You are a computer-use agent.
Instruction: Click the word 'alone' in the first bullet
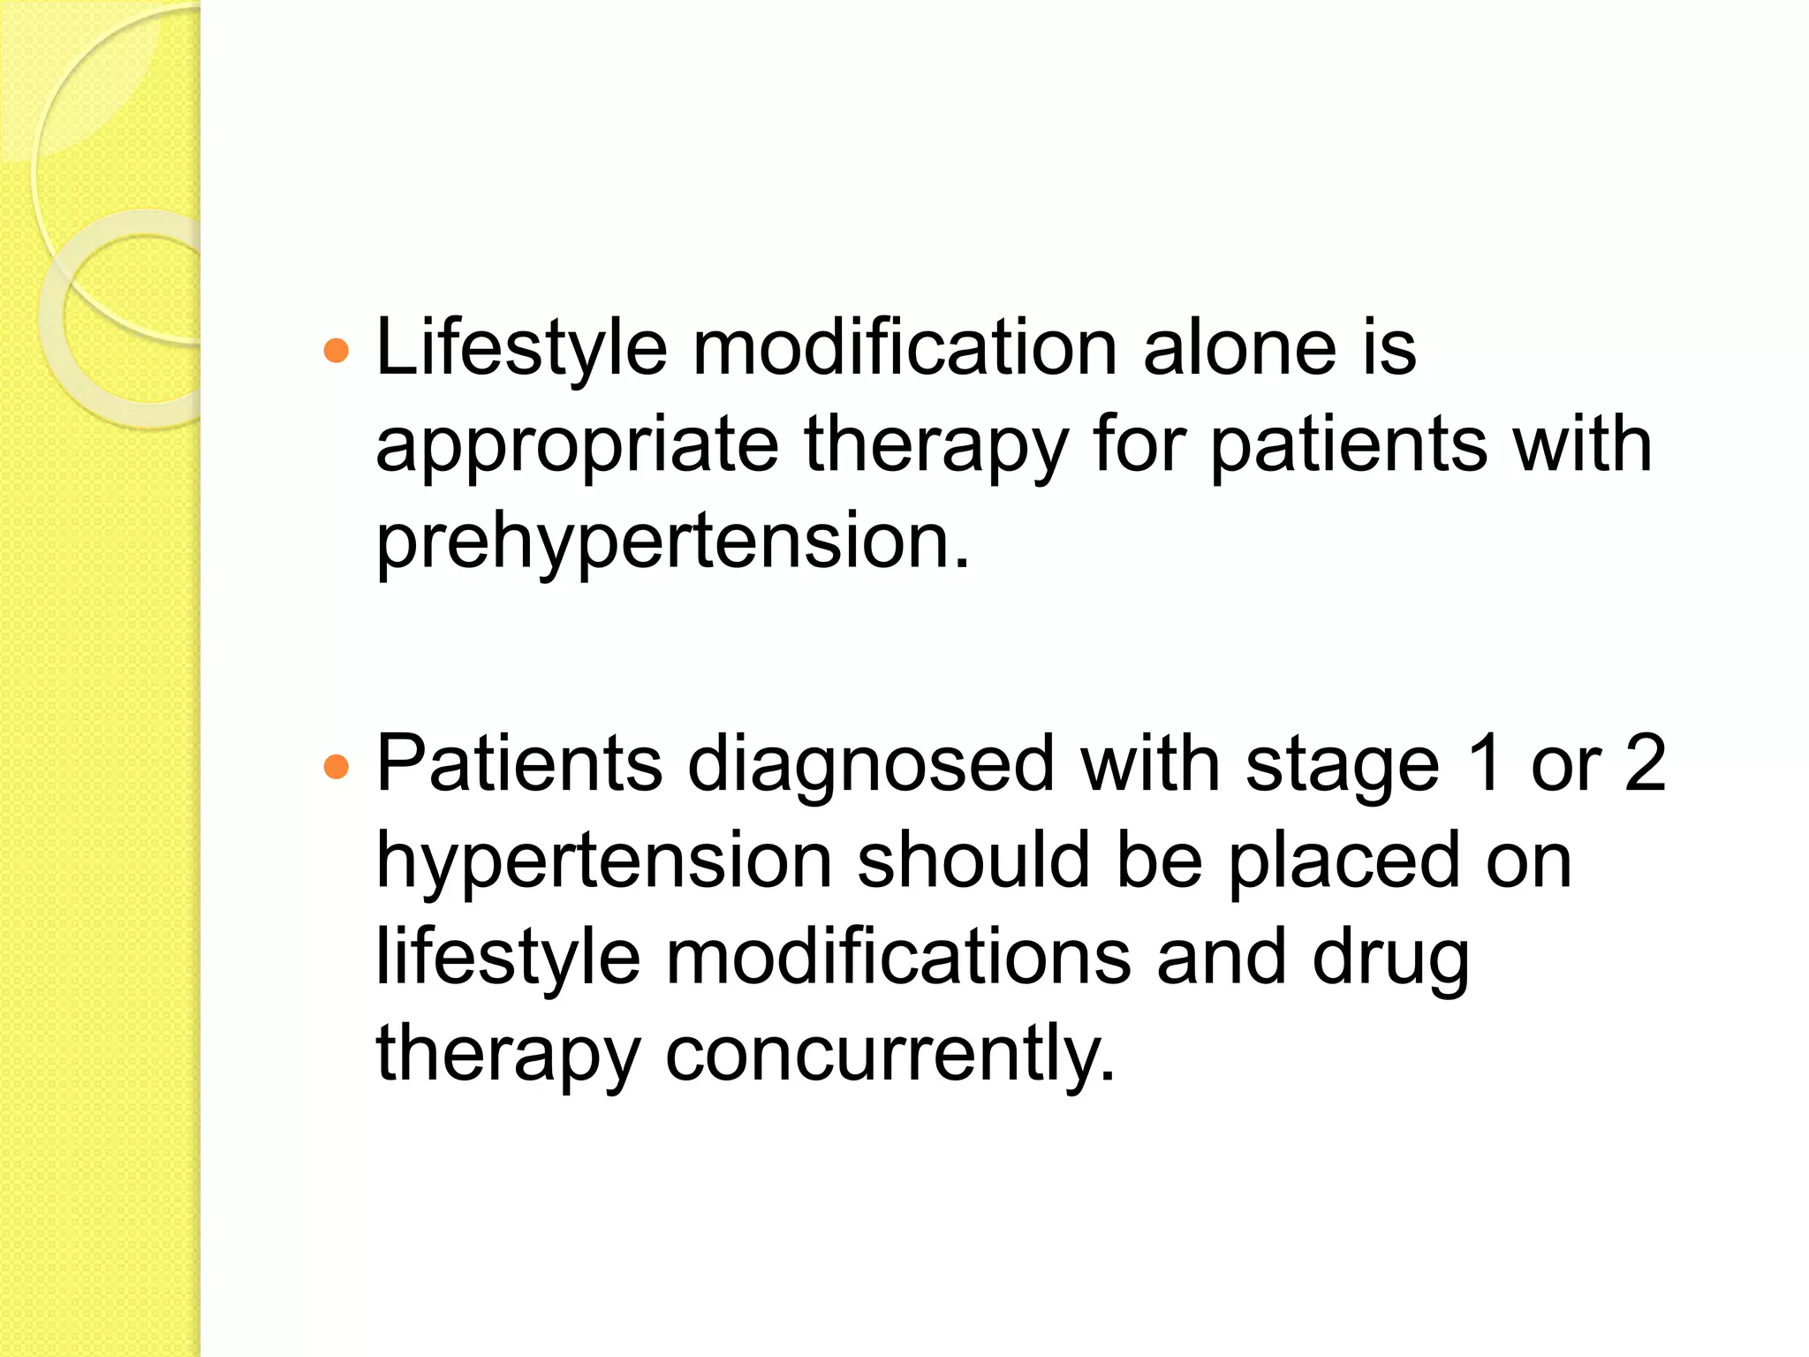[1239, 348]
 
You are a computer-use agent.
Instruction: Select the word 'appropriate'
[577, 445]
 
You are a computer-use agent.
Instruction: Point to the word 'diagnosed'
[871, 765]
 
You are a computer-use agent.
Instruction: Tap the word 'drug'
[1391, 959]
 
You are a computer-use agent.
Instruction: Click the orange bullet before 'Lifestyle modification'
[337, 352]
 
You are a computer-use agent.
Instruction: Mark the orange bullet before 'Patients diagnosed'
[337, 767]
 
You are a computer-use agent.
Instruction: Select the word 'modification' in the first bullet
[905, 348]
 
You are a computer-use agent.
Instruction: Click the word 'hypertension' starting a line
[604, 862]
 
